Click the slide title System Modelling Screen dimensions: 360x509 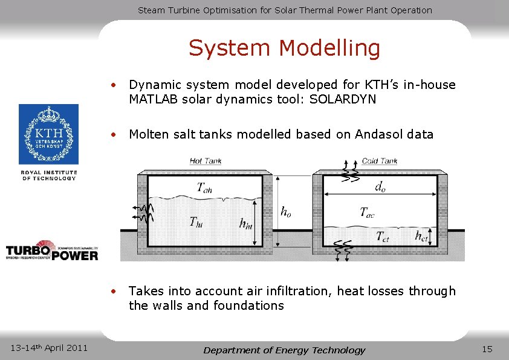pyautogui.click(x=284, y=48)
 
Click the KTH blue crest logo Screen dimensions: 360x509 pyautogui.click(x=48, y=134)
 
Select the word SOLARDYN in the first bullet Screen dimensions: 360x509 pyautogui.click(x=343, y=99)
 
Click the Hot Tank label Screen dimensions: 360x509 pyautogui.click(x=206, y=161)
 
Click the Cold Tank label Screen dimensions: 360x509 pyautogui.click(x=380, y=161)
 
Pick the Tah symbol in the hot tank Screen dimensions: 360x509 pyautogui.click(x=204, y=188)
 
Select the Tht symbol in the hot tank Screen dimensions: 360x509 pyautogui.click(x=196, y=222)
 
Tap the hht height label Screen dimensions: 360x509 pyautogui.click(x=245, y=224)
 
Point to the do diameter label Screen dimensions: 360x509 pyautogui.click(x=380, y=188)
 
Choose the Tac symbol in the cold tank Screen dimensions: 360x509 pyautogui.click(x=367, y=212)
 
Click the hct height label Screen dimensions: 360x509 pyautogui.click(x=421, y=235)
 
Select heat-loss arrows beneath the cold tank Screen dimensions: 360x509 pyautogui.click(x=345, y=250)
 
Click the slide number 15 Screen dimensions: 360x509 pyautogui.click(x=487, y=349)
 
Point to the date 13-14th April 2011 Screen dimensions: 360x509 pyautogui.click(x=50, y=347)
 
